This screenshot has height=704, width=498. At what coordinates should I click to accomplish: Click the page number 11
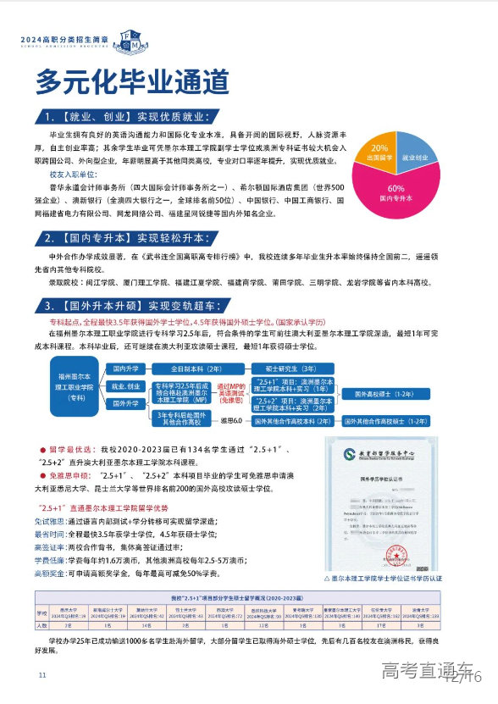[41, 675]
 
